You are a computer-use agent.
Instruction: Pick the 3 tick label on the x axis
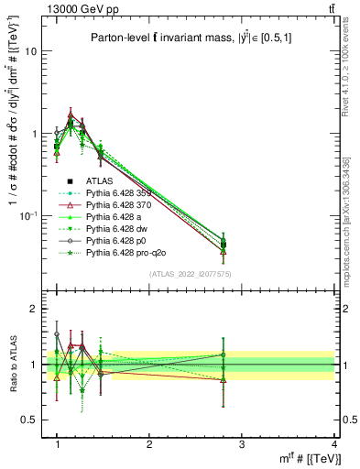coord(241,444)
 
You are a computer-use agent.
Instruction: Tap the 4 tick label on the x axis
coord(334,444)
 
